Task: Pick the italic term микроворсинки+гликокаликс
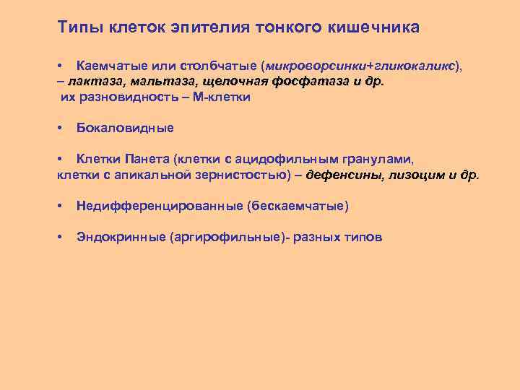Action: tap(360, 66)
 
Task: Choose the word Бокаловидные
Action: tap(125, 128)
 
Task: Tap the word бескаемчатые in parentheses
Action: tap(298, 207)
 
